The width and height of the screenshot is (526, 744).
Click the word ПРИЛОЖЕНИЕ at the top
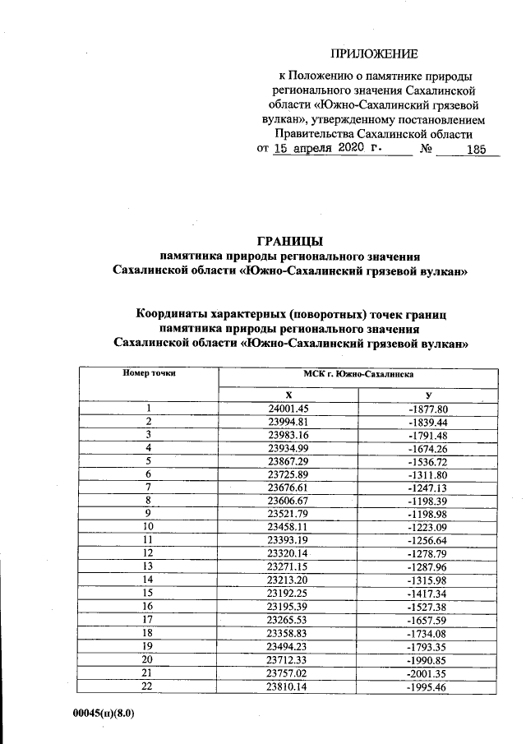click(x=374, y=55)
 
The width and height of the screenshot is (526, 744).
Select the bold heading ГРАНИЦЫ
click(x=290, y=242)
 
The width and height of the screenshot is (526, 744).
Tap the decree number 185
click(x=476, y=150)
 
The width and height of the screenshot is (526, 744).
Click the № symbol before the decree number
click(x=427, y=150)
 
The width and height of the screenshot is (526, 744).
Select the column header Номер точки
click(x=150, y=372)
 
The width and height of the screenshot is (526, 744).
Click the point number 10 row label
click(x=149, y=527)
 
